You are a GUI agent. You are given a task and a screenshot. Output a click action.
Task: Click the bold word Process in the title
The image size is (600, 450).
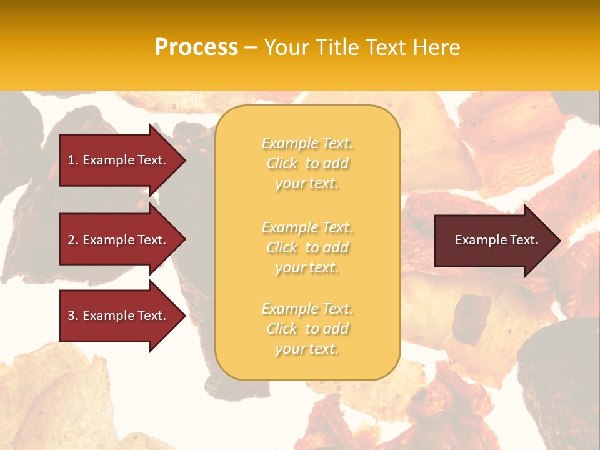(196, 47)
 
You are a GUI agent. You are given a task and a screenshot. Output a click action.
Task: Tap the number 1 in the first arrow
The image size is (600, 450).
(71, 160)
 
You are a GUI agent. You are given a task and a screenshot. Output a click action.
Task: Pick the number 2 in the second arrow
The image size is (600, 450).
(71, 240)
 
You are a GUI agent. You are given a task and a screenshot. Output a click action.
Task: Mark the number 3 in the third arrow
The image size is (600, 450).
(71, 316)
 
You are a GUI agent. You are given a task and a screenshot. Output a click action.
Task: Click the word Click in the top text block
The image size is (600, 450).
(282, 163)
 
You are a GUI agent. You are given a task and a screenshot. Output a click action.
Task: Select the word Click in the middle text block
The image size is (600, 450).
(282, 247)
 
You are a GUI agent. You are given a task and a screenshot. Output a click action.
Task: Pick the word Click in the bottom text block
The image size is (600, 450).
(282, 329)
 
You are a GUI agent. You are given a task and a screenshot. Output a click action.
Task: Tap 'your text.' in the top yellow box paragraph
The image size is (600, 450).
(307, 184)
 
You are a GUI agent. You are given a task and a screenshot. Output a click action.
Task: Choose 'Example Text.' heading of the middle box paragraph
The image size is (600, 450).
(307, 227)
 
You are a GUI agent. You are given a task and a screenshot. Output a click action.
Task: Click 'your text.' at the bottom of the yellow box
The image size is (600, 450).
(307, 349)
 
